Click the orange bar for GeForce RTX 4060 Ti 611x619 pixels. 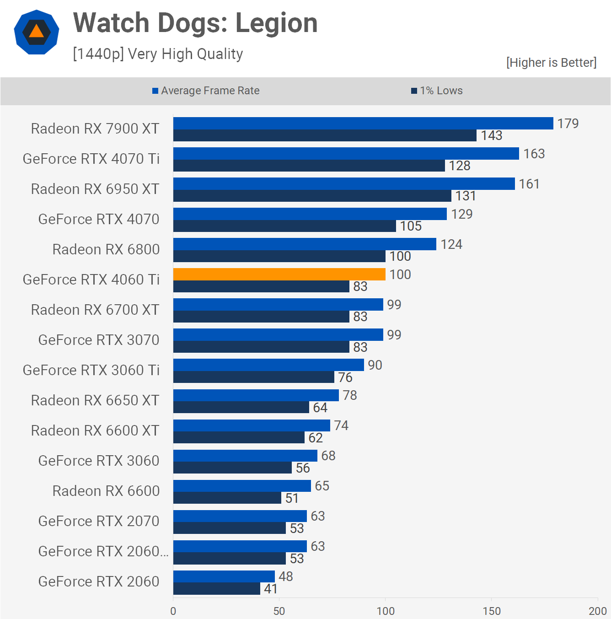pos(279,274)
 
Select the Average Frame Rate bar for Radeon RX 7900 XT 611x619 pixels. pos(363,123)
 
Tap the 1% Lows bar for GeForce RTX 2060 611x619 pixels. pos(216,589)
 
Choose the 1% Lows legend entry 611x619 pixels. pos(437,91)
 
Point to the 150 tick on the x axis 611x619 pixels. pos(492,611)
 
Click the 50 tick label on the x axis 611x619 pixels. pos(279,611)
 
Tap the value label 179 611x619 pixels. pos(568,124)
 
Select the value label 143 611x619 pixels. pos(491,135)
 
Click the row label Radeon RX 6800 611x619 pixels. pos(106,249)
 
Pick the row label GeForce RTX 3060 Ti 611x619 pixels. pos(91,370)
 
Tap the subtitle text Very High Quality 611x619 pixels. pos(185,54)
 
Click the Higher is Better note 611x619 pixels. pos(551,63)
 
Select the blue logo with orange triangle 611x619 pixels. pos(37,32)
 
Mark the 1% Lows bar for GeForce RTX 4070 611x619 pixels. pos(284,226)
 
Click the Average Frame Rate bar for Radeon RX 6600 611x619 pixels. pos(242,485)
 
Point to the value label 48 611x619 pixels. pos(285,576)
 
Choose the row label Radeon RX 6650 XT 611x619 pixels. pos(95,400)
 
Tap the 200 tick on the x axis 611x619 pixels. pos(597,611)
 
